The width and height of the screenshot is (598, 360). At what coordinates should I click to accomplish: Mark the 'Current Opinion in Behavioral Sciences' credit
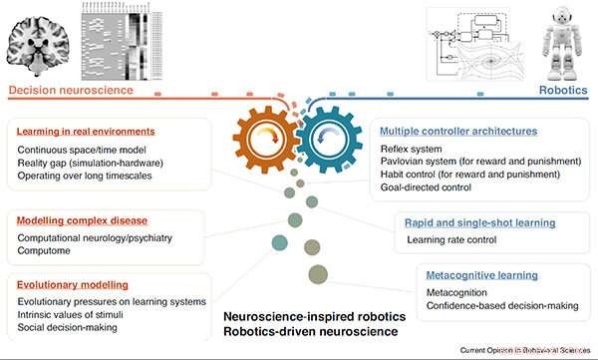524,351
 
